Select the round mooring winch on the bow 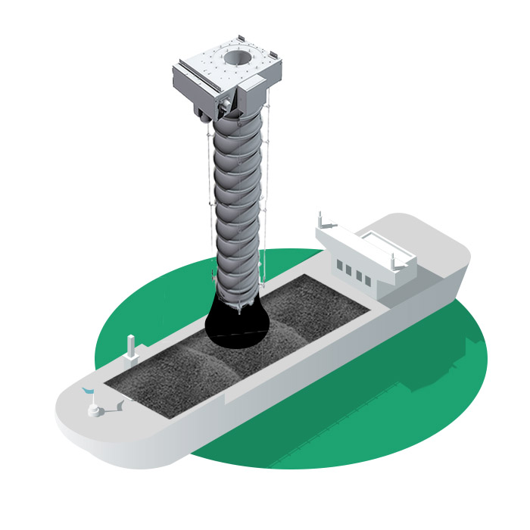click(95, 410)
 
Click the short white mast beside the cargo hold click(131, 348)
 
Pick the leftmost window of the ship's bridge click(339, 266)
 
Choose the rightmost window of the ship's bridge click(368, 281)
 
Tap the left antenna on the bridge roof click(321, 220)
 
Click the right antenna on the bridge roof click(392, 259)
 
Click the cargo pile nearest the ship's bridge click(318, 299)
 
